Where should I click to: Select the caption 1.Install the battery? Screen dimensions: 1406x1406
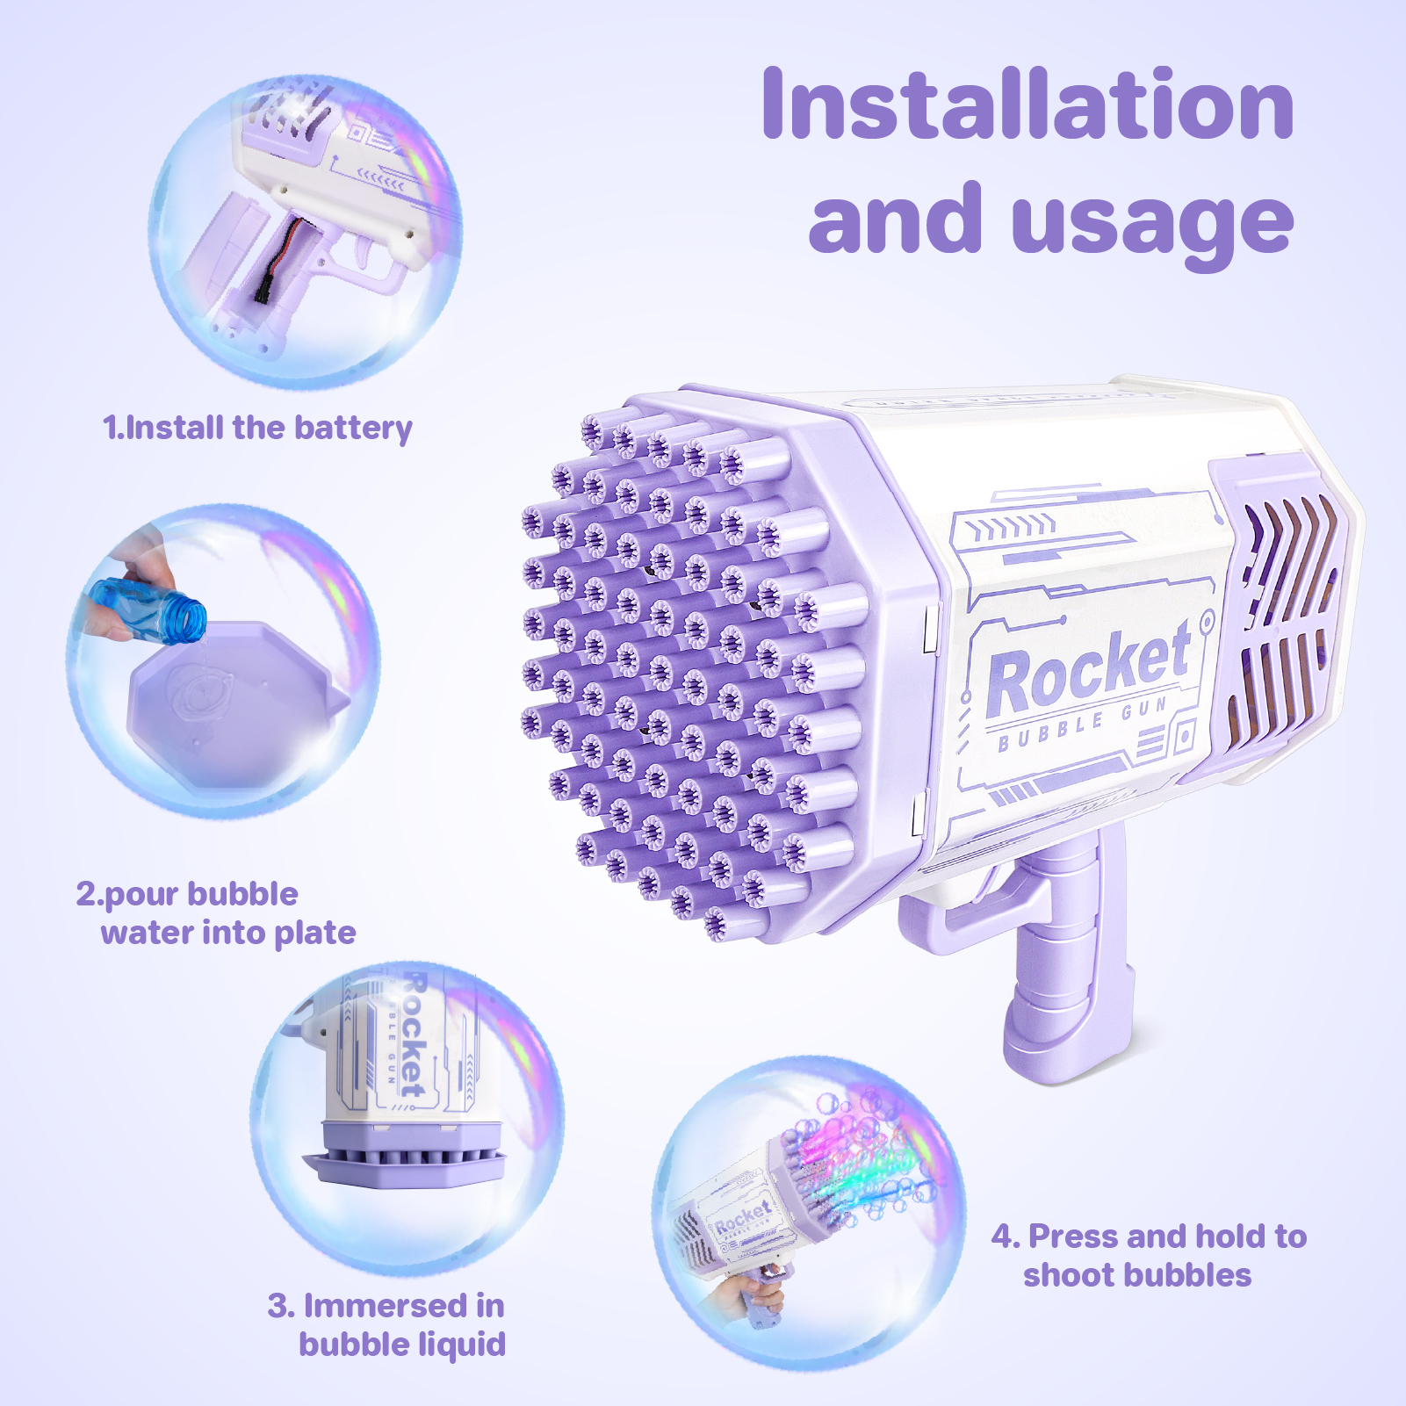pyautogui.click(x=257, y=429)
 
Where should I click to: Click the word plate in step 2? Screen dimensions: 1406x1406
pyautogui.click(x=314, y=934)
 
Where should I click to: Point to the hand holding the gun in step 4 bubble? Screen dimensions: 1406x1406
pyautogui.click(x=746, y=1295)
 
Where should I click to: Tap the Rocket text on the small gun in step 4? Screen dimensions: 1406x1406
pyautogui.click(x=743, y=1218)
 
